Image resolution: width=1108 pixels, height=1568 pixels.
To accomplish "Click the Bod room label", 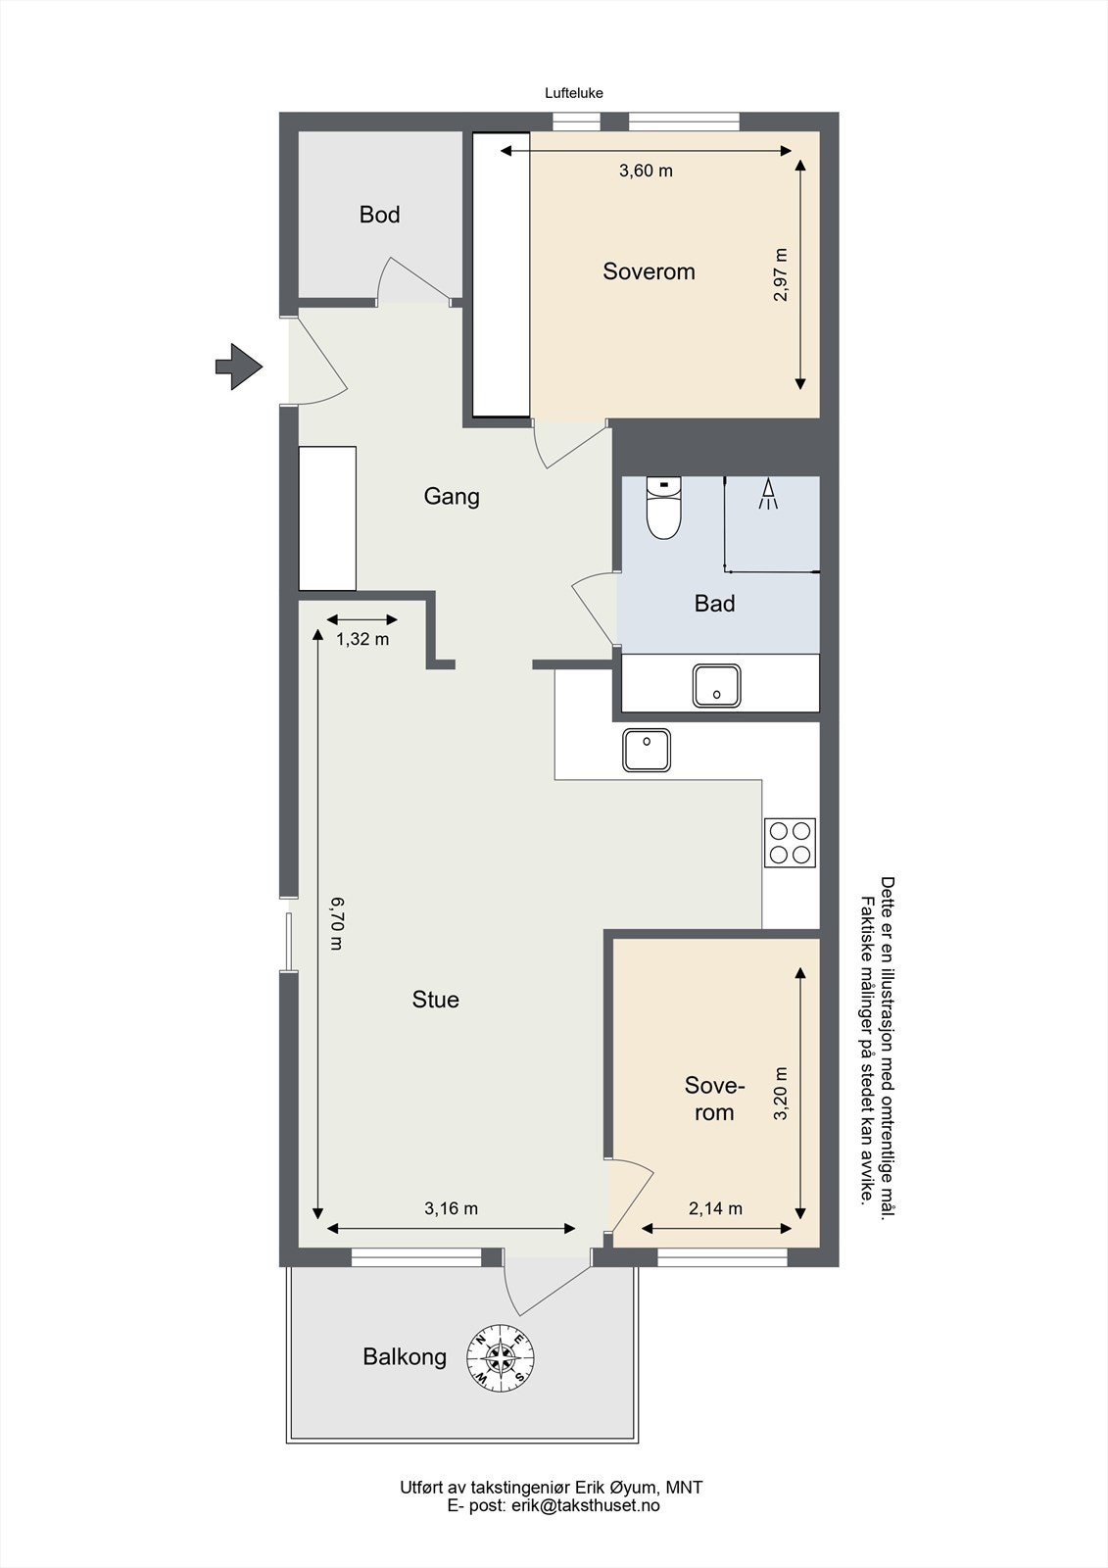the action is pyautogui.click(x=379, y=215).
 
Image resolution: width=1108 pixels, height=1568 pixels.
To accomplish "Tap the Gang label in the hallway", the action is pyautogui.click(x=452, y=497).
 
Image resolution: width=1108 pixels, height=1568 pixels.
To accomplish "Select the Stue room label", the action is pyautogui.click(x=435, y=1000).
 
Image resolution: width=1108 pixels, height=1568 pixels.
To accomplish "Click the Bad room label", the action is pyautogui.click(x=714, y=604).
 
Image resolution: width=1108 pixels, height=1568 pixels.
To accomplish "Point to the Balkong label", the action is pyautogui.click(x=405, y=1356).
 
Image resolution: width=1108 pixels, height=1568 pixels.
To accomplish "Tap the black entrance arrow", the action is pyautogui.click(x=239, y=367).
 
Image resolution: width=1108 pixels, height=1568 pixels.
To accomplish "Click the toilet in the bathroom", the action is pyautogui.click(x=663, y=508).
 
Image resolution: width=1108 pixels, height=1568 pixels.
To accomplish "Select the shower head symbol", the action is pyautogui.click(x=768, y=494).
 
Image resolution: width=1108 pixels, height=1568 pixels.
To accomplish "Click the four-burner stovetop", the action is pyautogui.click(x=790, y=843).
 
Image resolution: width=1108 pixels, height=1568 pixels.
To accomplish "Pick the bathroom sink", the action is pyautogui.click(x=717, y=685).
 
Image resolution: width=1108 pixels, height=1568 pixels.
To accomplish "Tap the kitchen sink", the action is pyautogui.click(x=646, y=750).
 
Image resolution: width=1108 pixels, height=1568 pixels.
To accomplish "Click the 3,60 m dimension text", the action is pyautogui.click(x=646, y=171).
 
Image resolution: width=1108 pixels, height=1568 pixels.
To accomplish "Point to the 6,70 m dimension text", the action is pyautogui.click(x=337, y=923).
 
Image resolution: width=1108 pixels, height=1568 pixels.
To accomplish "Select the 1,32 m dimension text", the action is pyautogui.click(x=362, y=638).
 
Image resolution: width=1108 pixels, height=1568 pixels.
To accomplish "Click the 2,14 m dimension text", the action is pyautogui.click(x=715, y=1208).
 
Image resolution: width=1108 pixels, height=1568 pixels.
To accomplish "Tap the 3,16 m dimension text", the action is pyautogui.click(x=451, y=1208).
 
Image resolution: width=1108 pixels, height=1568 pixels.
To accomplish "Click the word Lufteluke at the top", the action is pyautogui.click(x=574, y=93).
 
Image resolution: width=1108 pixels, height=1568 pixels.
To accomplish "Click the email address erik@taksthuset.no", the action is pyautogui.click(x=584, y=1505).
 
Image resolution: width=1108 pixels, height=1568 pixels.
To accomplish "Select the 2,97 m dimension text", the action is pyautogui.click(x=780, y=275).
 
